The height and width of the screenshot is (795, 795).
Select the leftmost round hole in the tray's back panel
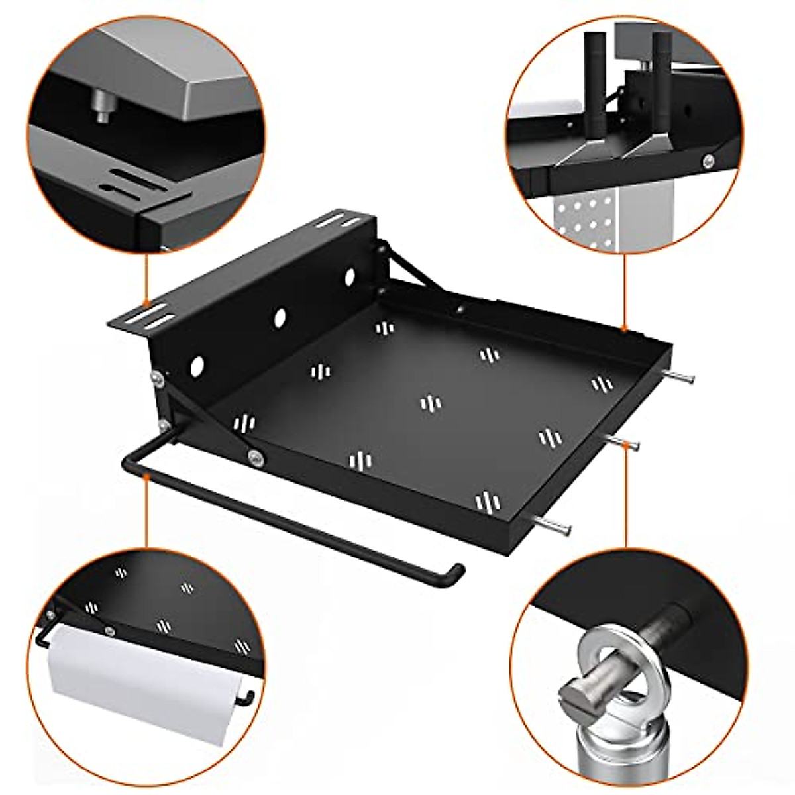197,365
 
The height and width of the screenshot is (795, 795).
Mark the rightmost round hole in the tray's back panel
349,277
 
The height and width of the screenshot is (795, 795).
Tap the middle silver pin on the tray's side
625,443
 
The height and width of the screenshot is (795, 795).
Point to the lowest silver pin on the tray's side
556,526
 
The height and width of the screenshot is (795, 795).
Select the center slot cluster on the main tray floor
430,403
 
